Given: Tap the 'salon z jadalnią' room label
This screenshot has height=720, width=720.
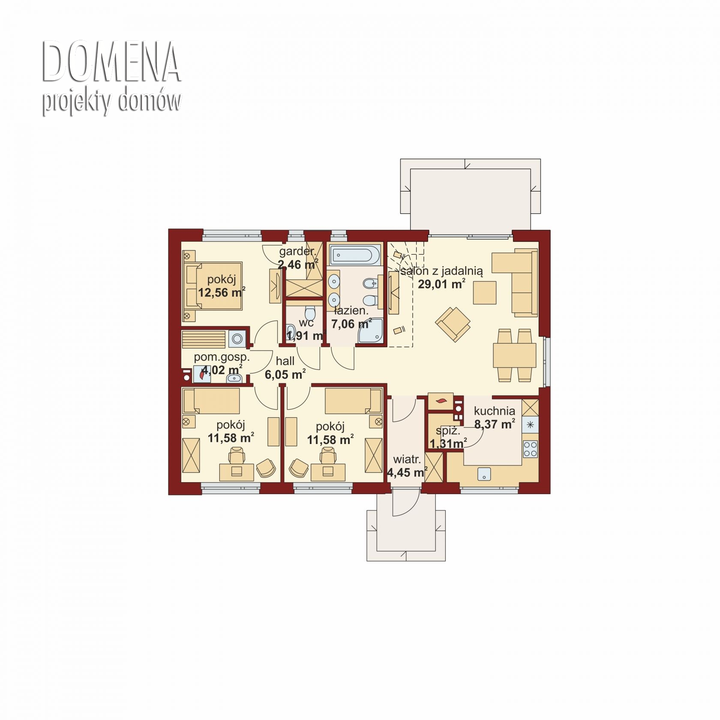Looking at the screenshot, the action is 441,271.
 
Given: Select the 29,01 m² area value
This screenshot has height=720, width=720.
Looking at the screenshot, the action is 441,284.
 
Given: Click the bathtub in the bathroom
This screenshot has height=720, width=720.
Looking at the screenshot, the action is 355,255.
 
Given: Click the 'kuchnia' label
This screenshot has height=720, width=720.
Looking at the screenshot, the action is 495,411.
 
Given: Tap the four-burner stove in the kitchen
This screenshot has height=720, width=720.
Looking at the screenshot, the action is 531,449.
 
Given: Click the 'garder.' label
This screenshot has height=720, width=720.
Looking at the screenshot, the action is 297,251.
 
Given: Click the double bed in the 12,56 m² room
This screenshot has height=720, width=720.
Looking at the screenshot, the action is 213,286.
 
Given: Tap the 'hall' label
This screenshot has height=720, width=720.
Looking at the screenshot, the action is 285,361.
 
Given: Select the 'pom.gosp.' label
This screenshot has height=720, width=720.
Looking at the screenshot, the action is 222,357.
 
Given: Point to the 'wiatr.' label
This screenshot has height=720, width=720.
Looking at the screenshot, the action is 407,460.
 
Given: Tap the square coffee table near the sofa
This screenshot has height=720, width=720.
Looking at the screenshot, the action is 485,293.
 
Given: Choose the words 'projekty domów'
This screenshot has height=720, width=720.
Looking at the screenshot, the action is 111,102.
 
